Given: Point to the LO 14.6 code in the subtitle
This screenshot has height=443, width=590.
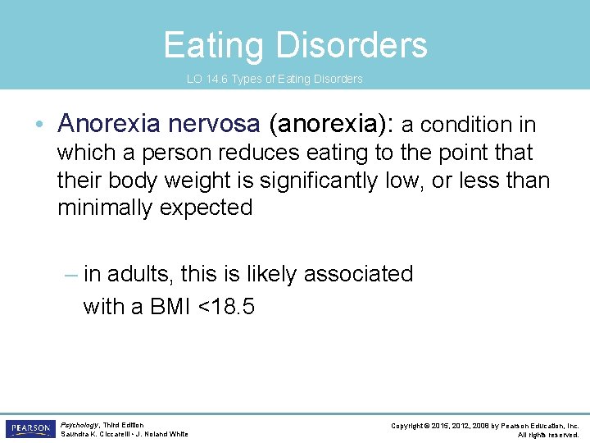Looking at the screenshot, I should pyautogui.click(x=207, y=80).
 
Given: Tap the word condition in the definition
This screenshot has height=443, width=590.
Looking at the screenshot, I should pyautogui.click(x=464, y=125).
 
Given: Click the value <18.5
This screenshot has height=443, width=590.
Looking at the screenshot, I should pyautogui.click(x=227, y=307).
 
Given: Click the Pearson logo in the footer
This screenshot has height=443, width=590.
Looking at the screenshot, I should pyautogui.click(x=29, y=429).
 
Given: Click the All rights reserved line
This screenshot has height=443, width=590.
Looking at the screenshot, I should pyautogui.click(x=548, y=434).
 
